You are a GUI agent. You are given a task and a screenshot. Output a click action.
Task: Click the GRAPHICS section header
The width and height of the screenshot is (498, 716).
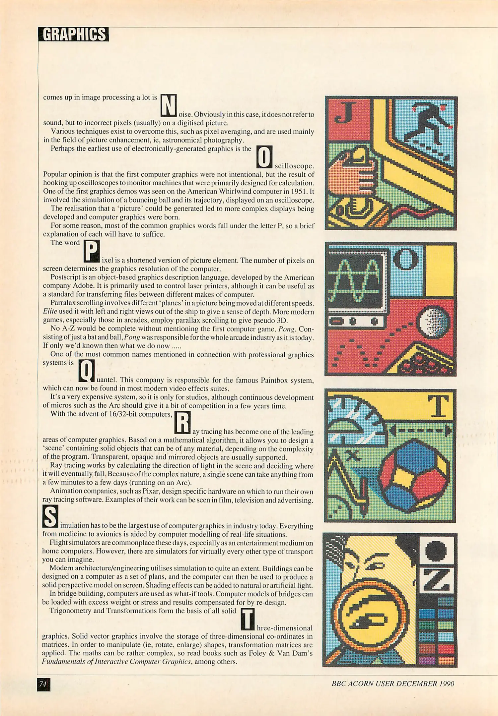click(73, 34)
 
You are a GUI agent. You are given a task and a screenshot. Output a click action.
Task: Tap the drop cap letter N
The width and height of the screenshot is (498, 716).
click(169, 105)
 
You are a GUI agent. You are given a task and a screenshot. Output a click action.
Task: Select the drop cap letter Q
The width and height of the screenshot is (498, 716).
click(86, 371)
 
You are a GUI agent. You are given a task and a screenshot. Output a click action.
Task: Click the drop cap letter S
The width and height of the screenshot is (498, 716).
click(50, 516)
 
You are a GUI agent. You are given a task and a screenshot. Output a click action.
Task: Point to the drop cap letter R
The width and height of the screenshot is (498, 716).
click(182, 422)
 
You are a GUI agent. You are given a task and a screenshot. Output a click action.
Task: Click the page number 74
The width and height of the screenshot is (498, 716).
click(43, 684)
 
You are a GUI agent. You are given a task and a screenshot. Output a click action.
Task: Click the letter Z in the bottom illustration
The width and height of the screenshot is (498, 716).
click(437, 580)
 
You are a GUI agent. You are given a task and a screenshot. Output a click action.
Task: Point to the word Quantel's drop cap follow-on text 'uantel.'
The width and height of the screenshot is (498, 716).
click(106, 380)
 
